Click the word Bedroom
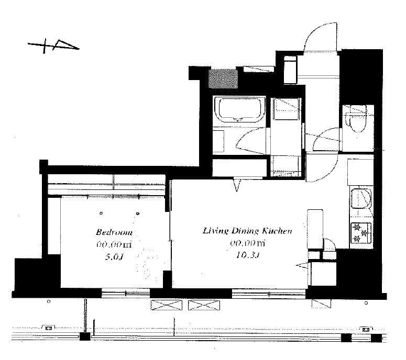pyautogui.click(x=114, y=232)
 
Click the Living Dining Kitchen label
pyautogui.click(x=247, y=231)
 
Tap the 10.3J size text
pyautogui.click(x=248, y=255)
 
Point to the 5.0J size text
pyautogui.click(x=114, y=257)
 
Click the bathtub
pyautogui.click(x=239, y=110)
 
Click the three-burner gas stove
pyautogui.click(x=361, y=233)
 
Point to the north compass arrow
pyautogui.click(x=53, y=46)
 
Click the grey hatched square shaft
pyautogui.click(x=223, y=78)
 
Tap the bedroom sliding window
pyautogui.click(x=126, y=293)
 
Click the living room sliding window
pyautogui.click(x=269, y=294)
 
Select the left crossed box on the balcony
pyautogui.click(x=166, y=305)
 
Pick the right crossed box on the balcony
pyautogui.click(x=204, y=305)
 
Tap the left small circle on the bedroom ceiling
pyautogui.click(x=101, y=213)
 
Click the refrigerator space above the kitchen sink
pyautogui.click(x=360, y=172)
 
